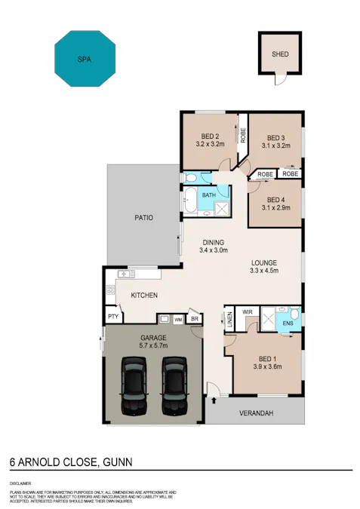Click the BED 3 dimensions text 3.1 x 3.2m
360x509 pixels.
pyautogui.click(x=276, y=146)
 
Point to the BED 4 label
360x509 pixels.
pyautogui.click(x=276, y=199)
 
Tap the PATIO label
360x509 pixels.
pyautogui.click(x=144, y=218)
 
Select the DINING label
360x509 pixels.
pyautogui.click(x=213, y=242)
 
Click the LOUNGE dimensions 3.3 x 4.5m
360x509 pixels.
pyautogui.click(x=264, y=271)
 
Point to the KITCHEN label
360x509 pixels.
pyautogui.click(x=143, y=295)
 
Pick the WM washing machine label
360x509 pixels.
pyautogui.click(x=179, y=320)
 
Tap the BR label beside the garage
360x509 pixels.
pyautogui.click(x=194, y=320)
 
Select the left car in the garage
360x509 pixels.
pyautogui.click(x=134, y=385)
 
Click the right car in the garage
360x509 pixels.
pyautogui.click(x=174, y=385)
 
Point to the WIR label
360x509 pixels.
pyautogui.click(x=248, y=311)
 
